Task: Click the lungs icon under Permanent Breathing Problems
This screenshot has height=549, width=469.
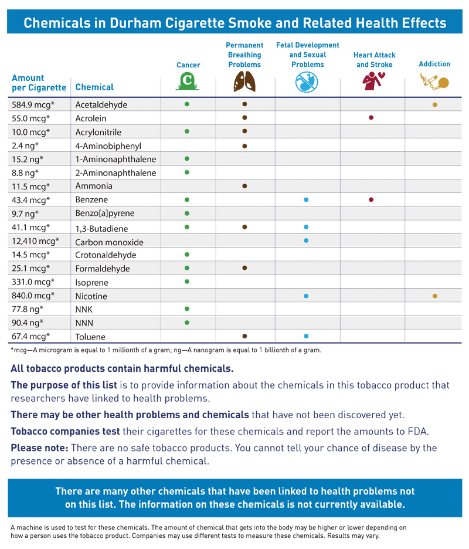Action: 244,82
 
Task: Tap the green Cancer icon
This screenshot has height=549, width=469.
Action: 187,81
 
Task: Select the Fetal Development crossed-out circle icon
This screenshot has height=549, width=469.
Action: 307,82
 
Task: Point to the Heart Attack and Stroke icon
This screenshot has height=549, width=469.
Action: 373,81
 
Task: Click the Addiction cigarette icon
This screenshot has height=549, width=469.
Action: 434,82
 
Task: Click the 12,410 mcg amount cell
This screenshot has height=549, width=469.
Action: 36,242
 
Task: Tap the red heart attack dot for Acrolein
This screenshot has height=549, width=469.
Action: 371,118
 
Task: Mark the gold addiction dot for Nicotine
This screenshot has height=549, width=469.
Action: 434,296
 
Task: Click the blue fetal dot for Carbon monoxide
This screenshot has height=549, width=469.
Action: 306,240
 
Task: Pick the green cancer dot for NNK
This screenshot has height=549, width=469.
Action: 187,309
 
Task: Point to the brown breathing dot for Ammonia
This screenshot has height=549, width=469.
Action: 244,186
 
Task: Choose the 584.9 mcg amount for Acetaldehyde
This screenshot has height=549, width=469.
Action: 36,105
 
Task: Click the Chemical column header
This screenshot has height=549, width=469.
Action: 94,87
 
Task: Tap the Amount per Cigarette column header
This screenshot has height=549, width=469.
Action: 39,83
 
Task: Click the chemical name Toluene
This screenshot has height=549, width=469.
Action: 90,337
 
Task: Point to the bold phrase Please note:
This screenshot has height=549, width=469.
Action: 39,448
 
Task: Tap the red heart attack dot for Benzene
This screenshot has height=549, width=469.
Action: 371,200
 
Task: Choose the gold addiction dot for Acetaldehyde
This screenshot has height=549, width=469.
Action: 434,105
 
